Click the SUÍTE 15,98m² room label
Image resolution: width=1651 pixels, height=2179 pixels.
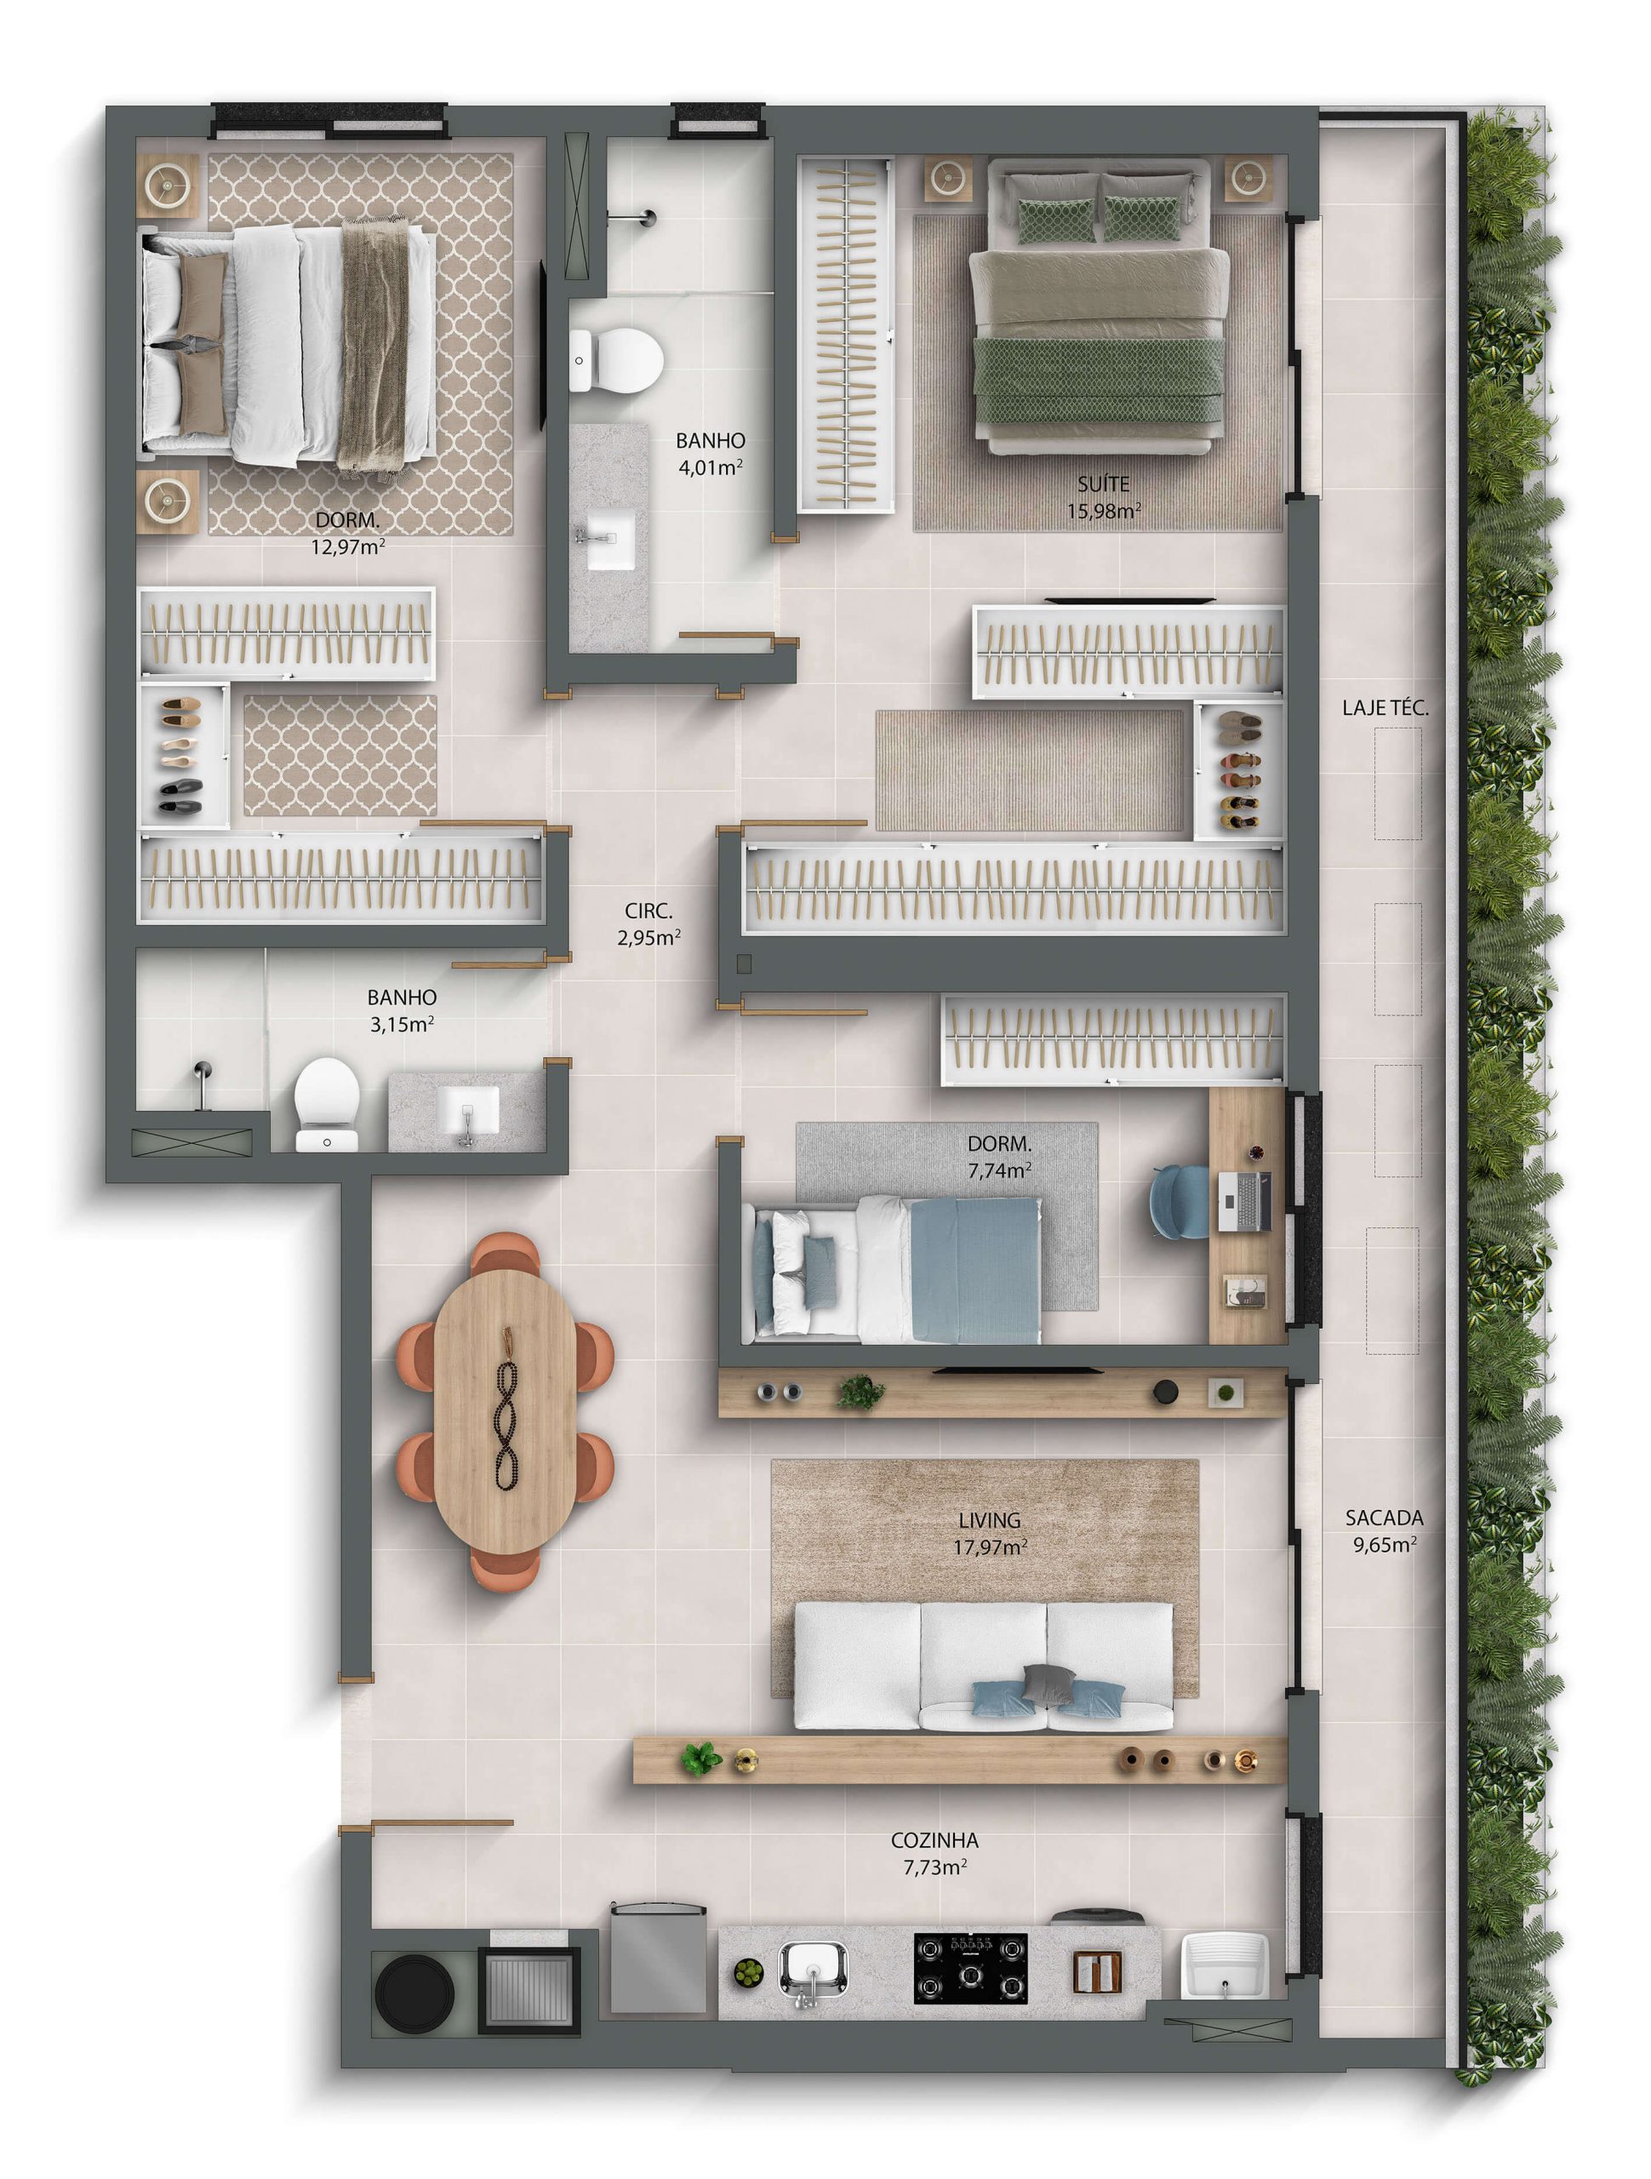(1103, 497)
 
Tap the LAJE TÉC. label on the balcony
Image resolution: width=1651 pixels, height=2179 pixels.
(1385, 707)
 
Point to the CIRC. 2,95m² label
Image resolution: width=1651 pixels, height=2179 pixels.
(648, 925)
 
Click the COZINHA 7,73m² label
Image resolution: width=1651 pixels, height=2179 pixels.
(934, 1853)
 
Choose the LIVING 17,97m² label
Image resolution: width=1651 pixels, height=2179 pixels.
(989, 1534)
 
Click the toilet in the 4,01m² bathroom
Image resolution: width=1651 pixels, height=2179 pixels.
(615, 361)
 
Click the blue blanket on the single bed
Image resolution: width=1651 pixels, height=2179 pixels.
(974, 1269)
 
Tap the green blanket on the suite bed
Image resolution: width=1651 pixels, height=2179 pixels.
(1100, 380)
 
